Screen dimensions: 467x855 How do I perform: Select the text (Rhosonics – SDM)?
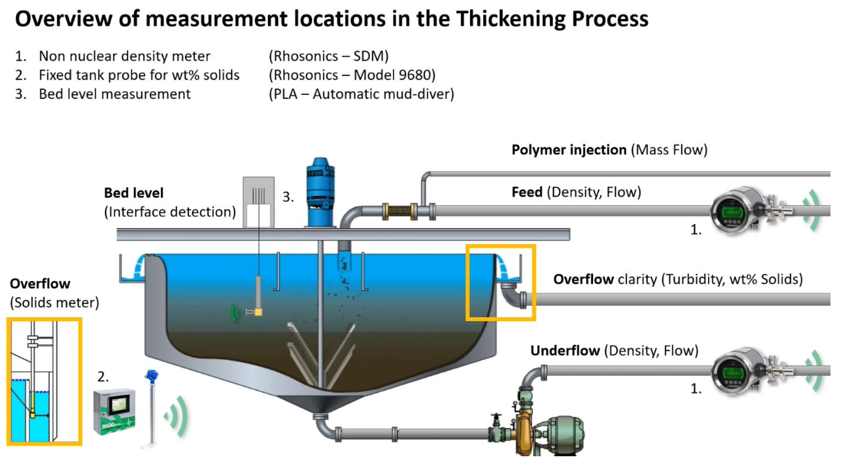pyautogui.click(x=328, y=56)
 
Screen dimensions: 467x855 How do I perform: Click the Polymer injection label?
pyautogui.click(x=569, y=150)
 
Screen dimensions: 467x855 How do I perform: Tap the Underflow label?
pyautogui.click(x=565, y=350)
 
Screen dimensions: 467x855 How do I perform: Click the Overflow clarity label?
pyautogui.click(x=583, y=279)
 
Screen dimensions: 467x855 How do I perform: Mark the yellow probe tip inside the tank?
pyautogui.click(x=258, y=312)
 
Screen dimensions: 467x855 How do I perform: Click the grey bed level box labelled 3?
pyautogui.click(x=259, y=202)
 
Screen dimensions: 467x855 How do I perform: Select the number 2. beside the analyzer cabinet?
pyautogui.click(x=103, y=377)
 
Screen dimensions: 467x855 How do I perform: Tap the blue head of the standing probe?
pyautogui.click(x=151, y=376)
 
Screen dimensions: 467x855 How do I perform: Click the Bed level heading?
pyautogui.click(x=133, y=193)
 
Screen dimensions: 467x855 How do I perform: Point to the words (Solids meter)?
pyautogui.click(x=54, y=303)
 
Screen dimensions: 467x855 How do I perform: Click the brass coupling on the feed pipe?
pyautogui.click(x=400, y=212)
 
